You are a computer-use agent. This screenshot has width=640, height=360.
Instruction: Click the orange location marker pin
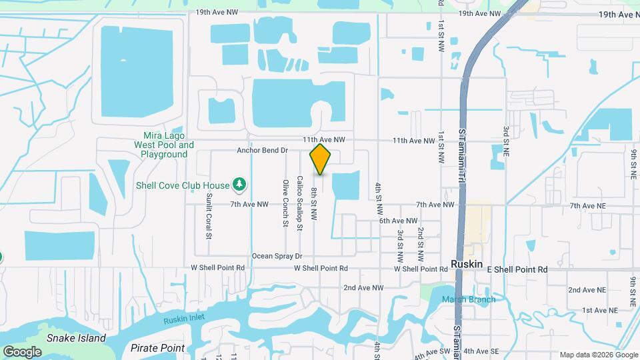pos(321,159)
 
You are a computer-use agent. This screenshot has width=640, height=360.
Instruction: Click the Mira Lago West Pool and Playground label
pos(164,145)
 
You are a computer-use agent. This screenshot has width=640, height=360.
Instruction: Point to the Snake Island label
pos(76,338)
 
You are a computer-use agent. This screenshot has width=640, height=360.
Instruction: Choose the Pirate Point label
pos(157,348)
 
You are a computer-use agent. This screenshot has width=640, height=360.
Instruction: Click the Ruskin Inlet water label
pos(185,321)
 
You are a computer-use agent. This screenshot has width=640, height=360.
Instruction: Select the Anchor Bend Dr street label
pos(262,151)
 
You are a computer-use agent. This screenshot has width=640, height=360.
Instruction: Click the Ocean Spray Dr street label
pos(277,256)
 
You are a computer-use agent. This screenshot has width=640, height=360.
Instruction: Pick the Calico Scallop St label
pos(300,203)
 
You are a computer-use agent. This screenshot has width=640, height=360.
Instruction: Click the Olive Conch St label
pos(285,203)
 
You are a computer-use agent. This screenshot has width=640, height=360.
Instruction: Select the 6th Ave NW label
pos(398,221)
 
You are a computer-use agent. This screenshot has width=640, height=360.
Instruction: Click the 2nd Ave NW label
pos(363,288)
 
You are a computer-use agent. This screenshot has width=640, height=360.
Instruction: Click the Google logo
pos(22,352)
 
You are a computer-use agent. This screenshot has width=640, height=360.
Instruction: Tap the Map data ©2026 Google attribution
pos(598,355)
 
